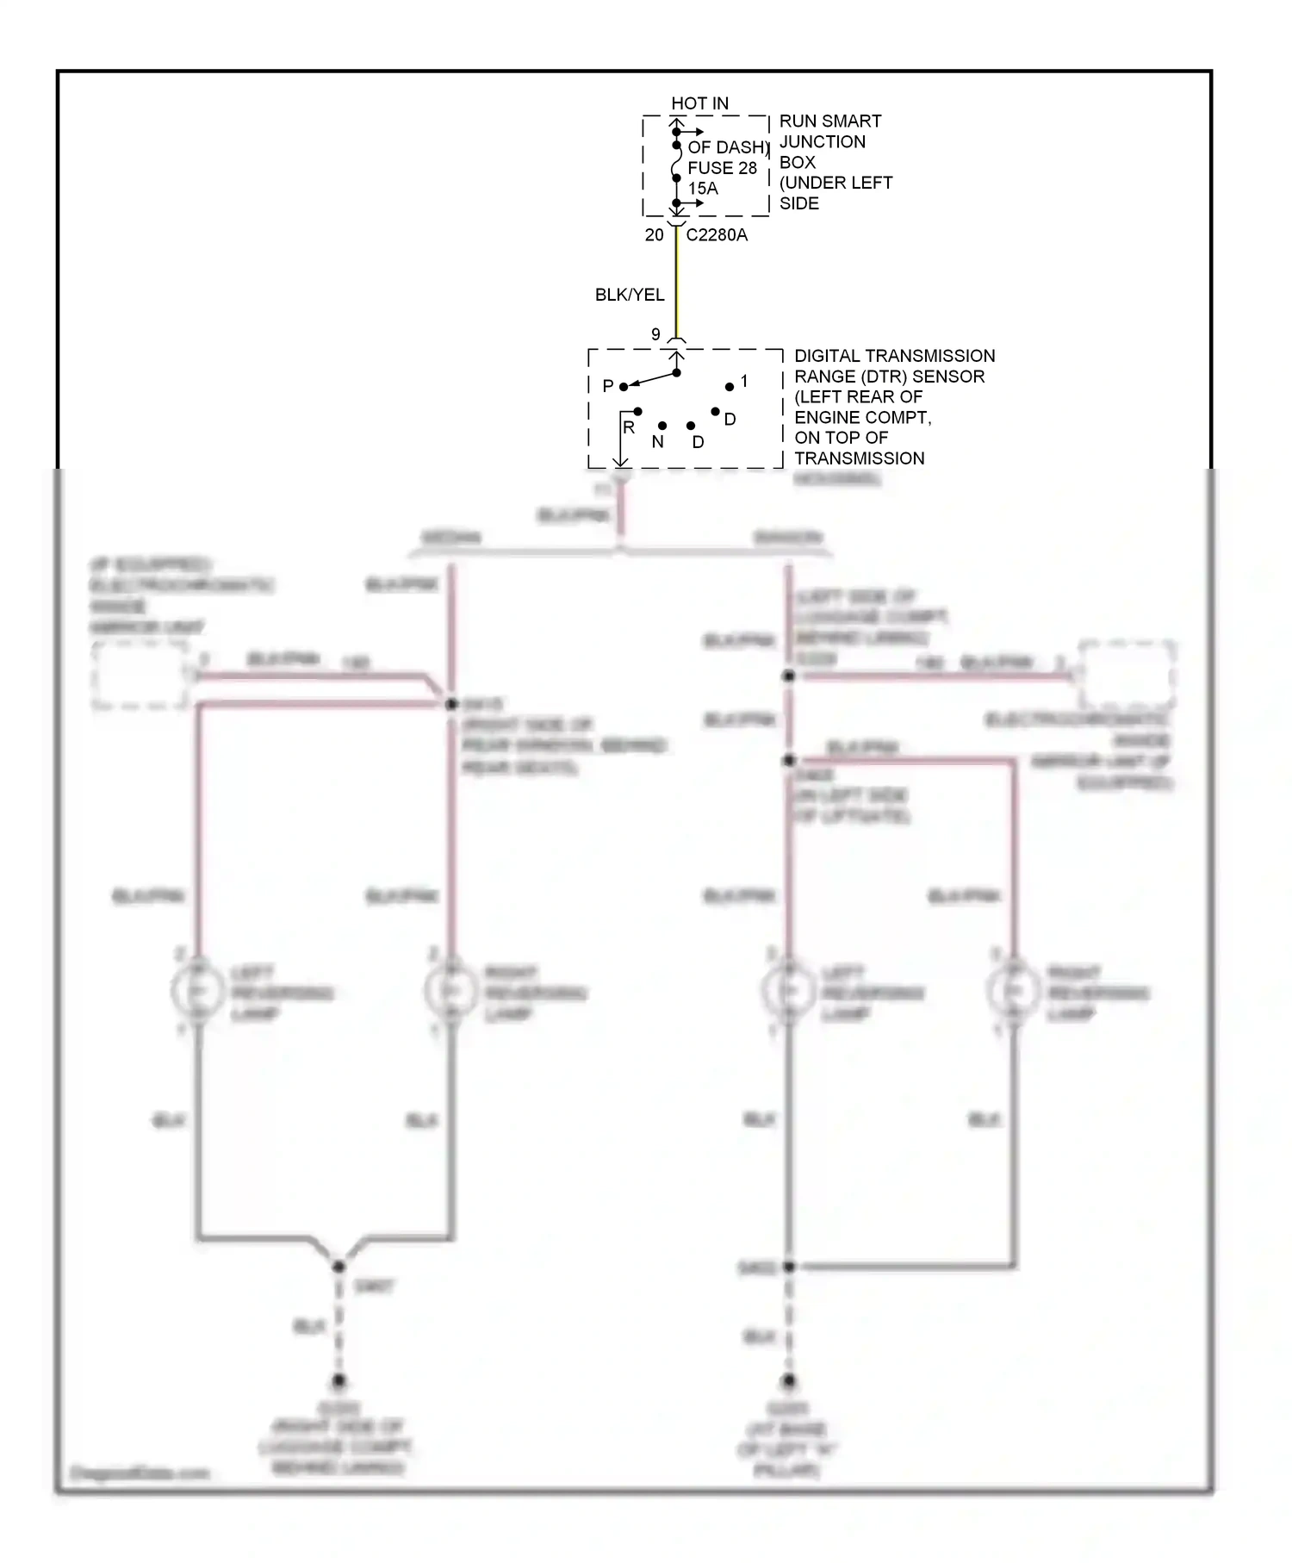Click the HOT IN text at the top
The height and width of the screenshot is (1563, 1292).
click(x=699, y=103)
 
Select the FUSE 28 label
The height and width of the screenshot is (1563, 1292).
click(x=722, y=168)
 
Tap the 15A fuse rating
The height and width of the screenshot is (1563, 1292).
click(x=702, y=189)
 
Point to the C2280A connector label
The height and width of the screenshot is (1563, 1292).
click(x=717, y=235)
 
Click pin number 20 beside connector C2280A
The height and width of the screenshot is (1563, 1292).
click(x=654, y=235)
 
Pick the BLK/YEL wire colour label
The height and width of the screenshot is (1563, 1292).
click(x=630, y=296)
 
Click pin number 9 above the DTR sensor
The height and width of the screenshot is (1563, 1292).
click(x=655, y=334)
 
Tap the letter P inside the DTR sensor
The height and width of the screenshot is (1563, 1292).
click(x=608, y=386)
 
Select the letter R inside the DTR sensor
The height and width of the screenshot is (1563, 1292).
click(x=629, y=427)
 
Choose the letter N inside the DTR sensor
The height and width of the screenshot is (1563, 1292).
click(x=658, y=442)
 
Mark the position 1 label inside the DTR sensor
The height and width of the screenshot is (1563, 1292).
click(x=744, y=381)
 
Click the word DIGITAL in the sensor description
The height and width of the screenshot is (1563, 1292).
click(x=828, y=356)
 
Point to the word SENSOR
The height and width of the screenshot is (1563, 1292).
click(x=947, y=377)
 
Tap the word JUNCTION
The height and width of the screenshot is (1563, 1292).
click(x=823, y=142)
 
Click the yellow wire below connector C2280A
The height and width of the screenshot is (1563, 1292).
click(x=676, y=284)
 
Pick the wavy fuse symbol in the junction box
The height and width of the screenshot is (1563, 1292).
click(x=677, y=161)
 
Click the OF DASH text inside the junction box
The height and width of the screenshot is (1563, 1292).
click(x=727, y=147)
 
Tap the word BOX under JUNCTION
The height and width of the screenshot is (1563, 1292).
click(x=797, y=163)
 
